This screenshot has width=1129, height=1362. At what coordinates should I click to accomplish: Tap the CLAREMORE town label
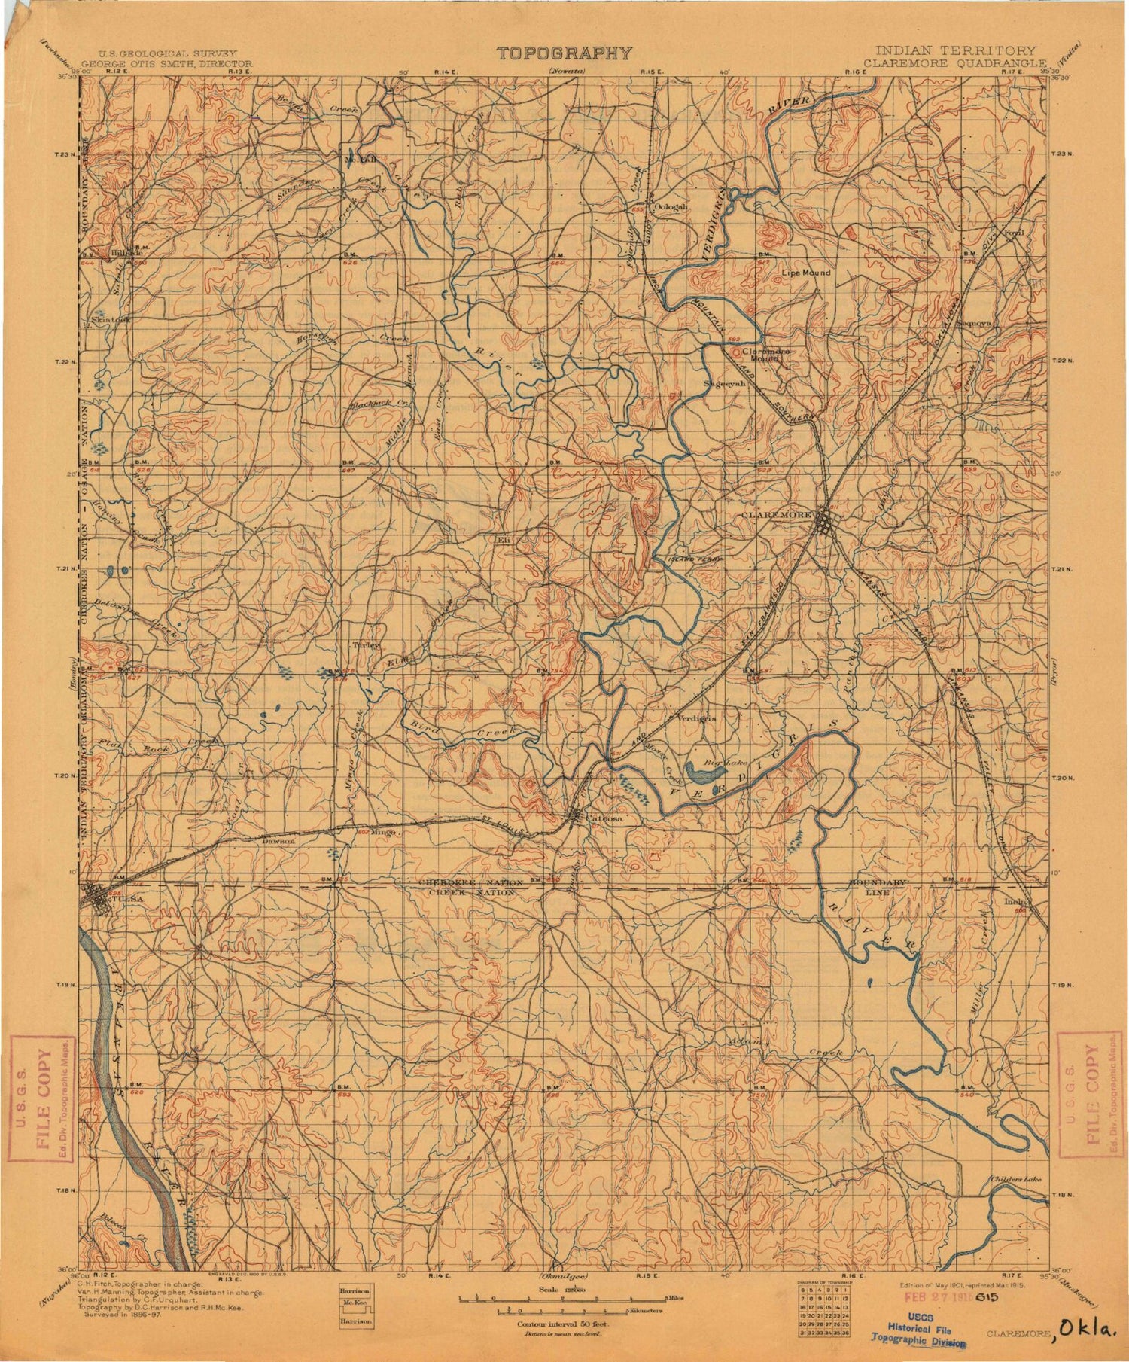click(x=776, y=514)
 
